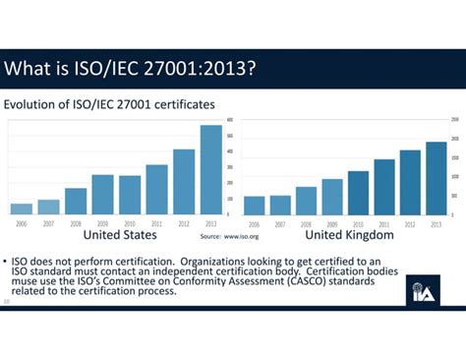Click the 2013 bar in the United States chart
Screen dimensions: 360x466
click(211, 169)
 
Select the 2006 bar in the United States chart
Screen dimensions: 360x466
click(21, 208)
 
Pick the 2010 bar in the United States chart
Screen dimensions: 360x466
click(130, 195)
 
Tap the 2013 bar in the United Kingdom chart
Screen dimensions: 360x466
click(436, 178)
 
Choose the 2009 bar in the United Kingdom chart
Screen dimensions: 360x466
click(332, 196)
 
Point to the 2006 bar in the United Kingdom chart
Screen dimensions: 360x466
click(254, 205)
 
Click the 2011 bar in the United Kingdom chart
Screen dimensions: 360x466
click(383, 186)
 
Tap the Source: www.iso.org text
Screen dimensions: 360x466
click(223, 237)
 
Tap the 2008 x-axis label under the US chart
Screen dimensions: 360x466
click(76, 224)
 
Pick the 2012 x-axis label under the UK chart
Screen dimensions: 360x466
click(410, 224)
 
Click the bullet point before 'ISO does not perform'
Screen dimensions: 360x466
click(6, 252)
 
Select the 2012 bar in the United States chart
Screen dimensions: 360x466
click(184, 181)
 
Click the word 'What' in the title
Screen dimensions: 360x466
click(29, 70)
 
